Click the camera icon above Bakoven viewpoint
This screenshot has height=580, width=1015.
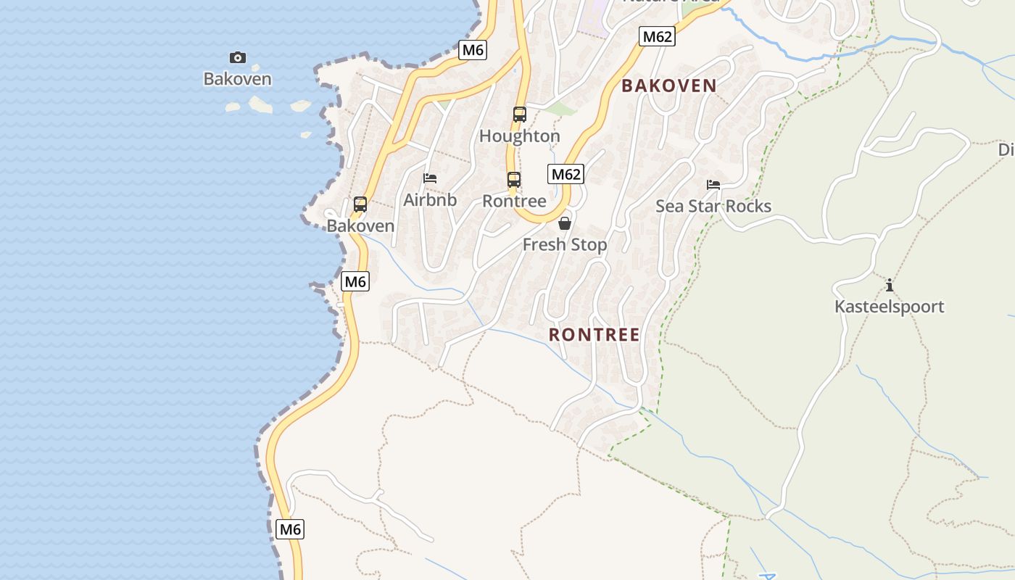[238, 57]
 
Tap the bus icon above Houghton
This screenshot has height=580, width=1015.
[520, 114]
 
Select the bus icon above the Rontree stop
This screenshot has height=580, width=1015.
[514, 179]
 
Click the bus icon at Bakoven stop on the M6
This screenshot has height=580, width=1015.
[360, 204]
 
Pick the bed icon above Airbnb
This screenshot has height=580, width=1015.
[430, 178]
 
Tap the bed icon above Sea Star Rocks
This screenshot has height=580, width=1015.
[713, 185]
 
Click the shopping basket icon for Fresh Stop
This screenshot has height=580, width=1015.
[565, 223]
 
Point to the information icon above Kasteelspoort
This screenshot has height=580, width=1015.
[890, 285]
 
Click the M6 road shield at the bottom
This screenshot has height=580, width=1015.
[290, 529]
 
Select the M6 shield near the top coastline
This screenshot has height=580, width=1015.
[473, 50]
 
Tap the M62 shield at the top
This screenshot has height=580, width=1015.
[658, 36]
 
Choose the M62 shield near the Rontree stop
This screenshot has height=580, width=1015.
[566, 174]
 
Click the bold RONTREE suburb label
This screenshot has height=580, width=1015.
[594, 335]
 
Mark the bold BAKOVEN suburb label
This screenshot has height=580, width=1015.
[669, 86]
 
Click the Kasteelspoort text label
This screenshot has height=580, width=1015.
[890, 307]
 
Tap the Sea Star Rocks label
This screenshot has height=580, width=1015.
[713, 207]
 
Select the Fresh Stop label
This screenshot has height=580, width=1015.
[565, 245]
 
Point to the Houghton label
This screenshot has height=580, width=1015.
[520, 136]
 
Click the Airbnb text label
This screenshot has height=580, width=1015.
[430, 200]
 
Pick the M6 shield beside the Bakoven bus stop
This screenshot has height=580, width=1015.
[355, 281]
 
